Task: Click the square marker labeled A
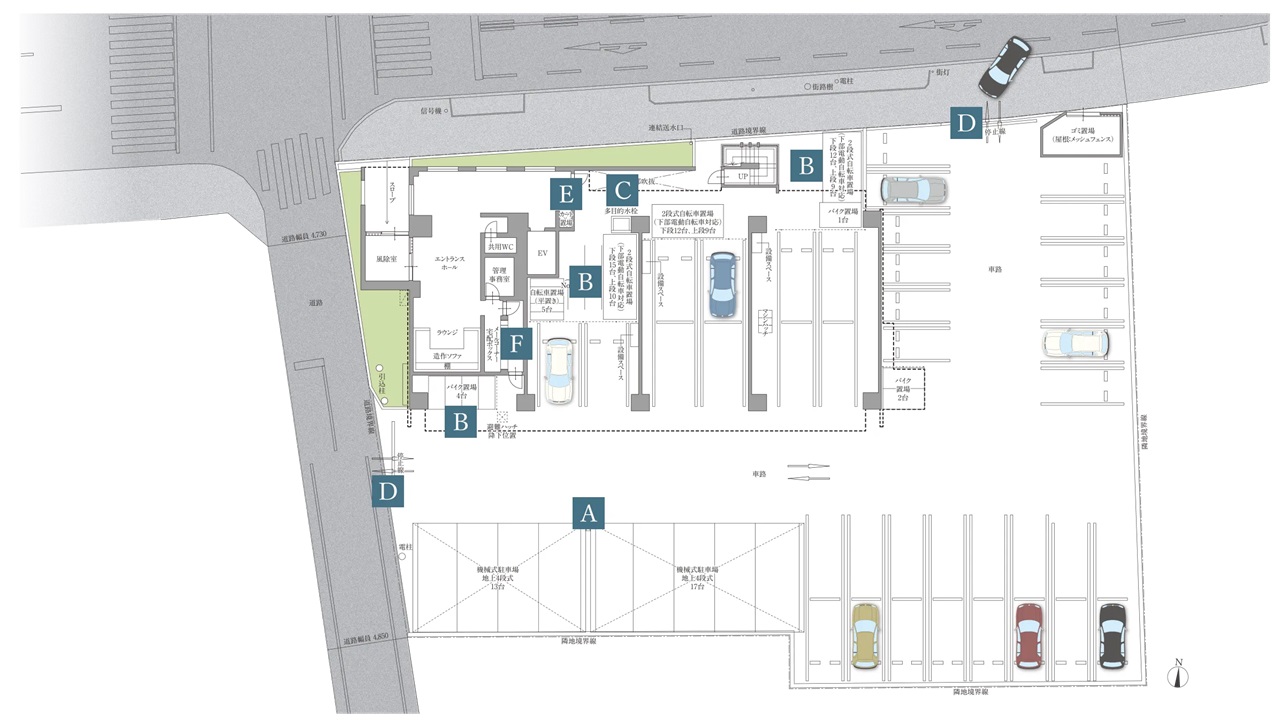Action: pyautogui.click(x=589, y=513)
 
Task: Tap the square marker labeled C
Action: pyautogui.click(x=621, y=189)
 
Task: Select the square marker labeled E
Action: pyautogui.click(x=567, y=193)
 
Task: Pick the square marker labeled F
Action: pyautogui.click(x=516, y=345)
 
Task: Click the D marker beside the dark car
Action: pyautogui.click(x=965, y=123)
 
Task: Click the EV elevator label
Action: pyautogui.click(x=543, y=254)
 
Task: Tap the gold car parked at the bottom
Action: pyautogui.click(x=864, y=635)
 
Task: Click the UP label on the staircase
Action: pyautogui.click(x=743, y=175)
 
